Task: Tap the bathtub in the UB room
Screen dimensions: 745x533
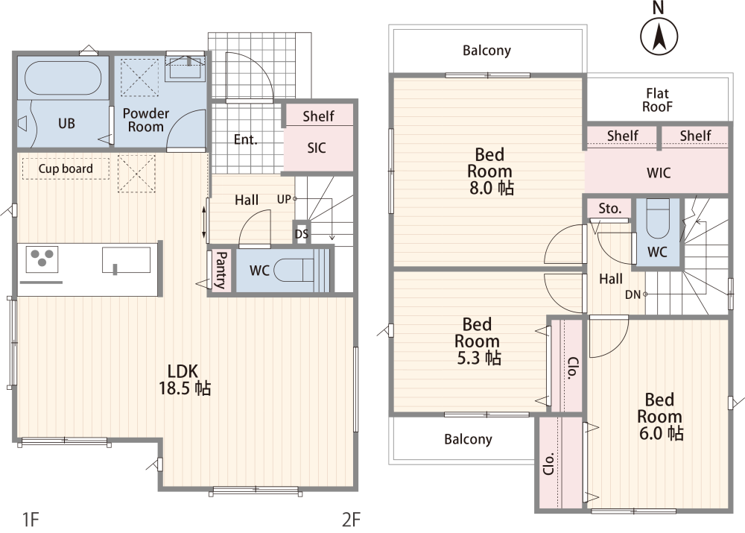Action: [63, 78]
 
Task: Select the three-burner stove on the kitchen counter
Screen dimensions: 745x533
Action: [42, 259]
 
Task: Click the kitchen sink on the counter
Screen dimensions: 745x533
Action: [126, 260]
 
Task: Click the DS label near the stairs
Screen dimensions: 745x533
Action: [302, 234]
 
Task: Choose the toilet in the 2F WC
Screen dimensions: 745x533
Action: [658, 218]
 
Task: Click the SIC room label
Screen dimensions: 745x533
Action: [317, 148]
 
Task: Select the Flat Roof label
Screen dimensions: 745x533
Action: [657, 100]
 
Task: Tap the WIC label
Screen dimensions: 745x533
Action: [659, 173]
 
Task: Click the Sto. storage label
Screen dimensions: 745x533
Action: [609, 208]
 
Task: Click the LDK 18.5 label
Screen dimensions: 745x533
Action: [184, 379]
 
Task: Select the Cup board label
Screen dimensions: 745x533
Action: [66, 168]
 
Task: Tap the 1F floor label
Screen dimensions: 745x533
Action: [31, 520]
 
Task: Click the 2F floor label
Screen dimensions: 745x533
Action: [351, 520]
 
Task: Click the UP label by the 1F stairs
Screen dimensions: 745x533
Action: [284, 199]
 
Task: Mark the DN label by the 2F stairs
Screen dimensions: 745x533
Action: [633, 294]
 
